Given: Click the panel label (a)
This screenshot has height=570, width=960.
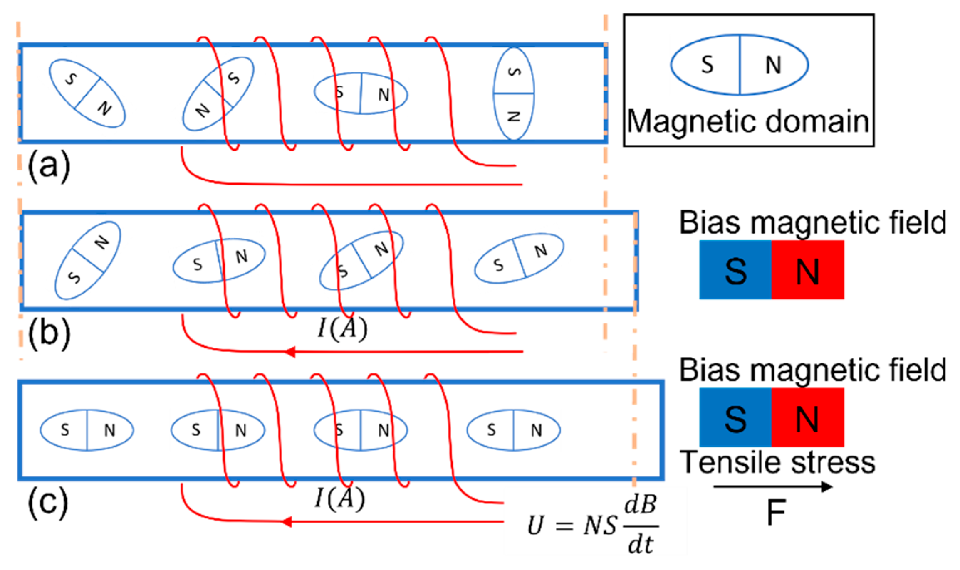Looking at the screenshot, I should (49, 166).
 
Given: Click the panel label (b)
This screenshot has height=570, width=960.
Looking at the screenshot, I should (49, 333).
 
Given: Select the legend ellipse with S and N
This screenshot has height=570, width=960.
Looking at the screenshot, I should (740, 65).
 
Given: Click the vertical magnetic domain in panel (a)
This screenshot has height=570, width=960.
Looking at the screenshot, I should (514, 94).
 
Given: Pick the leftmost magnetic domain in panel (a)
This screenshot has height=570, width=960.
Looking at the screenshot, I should (87, 93).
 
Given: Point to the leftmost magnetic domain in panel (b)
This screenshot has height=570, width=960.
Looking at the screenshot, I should (88, 260).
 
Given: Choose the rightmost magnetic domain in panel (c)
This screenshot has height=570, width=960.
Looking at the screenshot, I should (513, 430).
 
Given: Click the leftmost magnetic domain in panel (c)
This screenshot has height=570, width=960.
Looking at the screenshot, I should (87, 430).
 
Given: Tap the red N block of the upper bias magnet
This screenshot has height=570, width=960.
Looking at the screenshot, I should (807, 270).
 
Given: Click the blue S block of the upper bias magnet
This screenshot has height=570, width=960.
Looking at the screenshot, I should (735, 270).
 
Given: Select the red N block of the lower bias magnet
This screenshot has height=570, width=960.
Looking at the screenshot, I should (807, 417).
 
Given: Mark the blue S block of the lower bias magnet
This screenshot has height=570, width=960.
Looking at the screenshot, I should (735, 417).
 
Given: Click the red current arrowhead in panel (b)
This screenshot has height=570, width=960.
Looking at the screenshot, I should (290, 352).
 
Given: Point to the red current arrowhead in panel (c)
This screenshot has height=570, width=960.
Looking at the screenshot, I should (287, 521).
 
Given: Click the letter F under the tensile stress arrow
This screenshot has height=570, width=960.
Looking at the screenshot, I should (776, 512).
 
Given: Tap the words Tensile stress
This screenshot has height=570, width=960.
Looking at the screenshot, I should (777, 462).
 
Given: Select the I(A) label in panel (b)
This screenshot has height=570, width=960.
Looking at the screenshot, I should (342, 328).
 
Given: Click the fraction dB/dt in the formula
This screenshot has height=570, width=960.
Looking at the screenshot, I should (641, 526).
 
